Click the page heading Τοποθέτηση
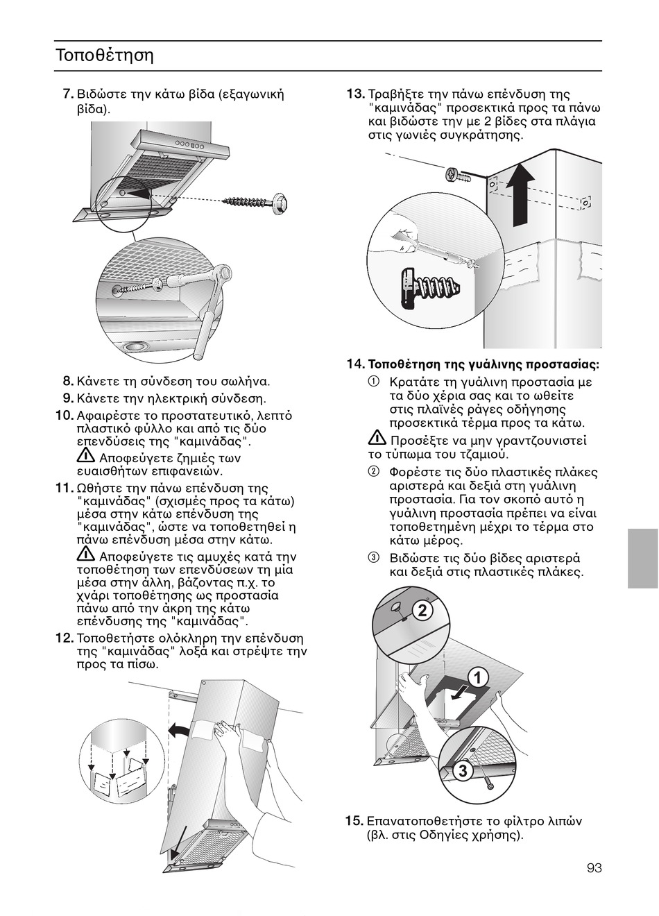coord(104,55)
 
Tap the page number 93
coord(594,868)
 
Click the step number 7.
coord(67,94)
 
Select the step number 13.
coord(355,94)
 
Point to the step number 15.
coord(354,821)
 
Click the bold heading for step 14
coord(483,364)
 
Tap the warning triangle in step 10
coord(86,457)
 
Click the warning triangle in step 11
coord(86,555)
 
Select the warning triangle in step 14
coord(377,439)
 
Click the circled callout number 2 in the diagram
coord(422,610)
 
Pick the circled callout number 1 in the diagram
coord(477,677)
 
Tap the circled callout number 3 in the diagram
coord(464,770)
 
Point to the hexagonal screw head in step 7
coord(280,202)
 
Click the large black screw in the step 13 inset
coord(425,285)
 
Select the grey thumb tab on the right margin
coord(642,557)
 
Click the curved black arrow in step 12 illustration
coord(178,729)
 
